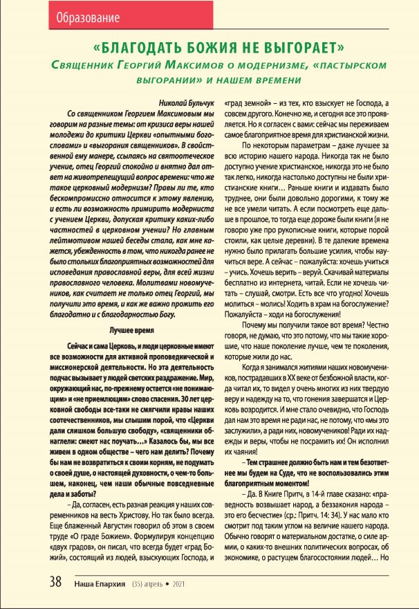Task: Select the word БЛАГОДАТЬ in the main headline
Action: pyautogui.click(x=141, y=49)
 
